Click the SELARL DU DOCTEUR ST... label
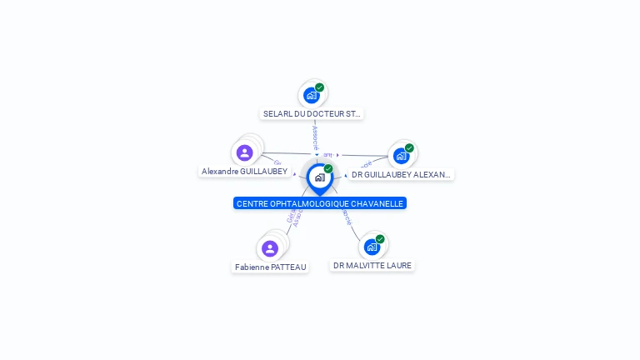point(312,113)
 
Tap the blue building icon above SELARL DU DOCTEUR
point(312,95)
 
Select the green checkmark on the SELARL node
point(319,87)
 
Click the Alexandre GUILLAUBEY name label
point(244,171)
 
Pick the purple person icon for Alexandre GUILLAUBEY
point(244,152)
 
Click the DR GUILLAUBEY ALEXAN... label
point(401,175)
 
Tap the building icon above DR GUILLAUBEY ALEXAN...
point(402,156)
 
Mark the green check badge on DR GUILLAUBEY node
point(409,148)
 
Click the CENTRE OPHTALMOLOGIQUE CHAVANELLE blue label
point(320,203)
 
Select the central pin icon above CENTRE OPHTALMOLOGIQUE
point(319,177)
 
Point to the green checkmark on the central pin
point(328,169)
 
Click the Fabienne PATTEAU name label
point(270,267)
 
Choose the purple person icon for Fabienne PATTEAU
point(269,248)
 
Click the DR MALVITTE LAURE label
point(372,265)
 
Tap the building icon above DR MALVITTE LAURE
point(372,247)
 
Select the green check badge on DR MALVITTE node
point(380,239)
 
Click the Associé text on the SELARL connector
point(315,137)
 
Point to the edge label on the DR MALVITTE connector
point(346,218)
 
